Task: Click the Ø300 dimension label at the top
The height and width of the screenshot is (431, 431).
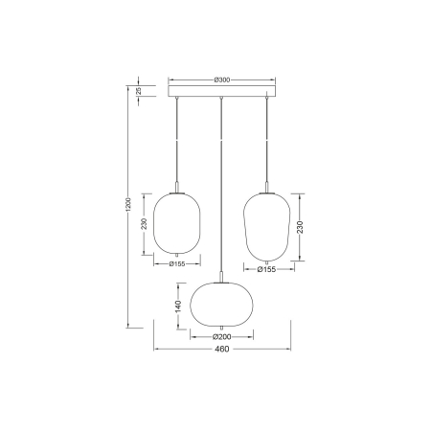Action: [221, 79]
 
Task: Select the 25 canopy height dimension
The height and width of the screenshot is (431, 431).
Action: [138, 91]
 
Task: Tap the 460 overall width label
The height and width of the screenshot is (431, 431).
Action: [221, 350]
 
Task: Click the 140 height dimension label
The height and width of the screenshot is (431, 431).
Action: [178, 306]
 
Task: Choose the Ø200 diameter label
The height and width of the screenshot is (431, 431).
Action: [221, 336]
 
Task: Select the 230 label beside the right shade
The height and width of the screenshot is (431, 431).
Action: [301, 228]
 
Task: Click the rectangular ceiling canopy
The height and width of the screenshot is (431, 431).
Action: [221, 92]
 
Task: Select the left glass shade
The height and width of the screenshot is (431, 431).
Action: [177, 223]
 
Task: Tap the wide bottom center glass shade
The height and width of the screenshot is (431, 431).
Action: [221, 305]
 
